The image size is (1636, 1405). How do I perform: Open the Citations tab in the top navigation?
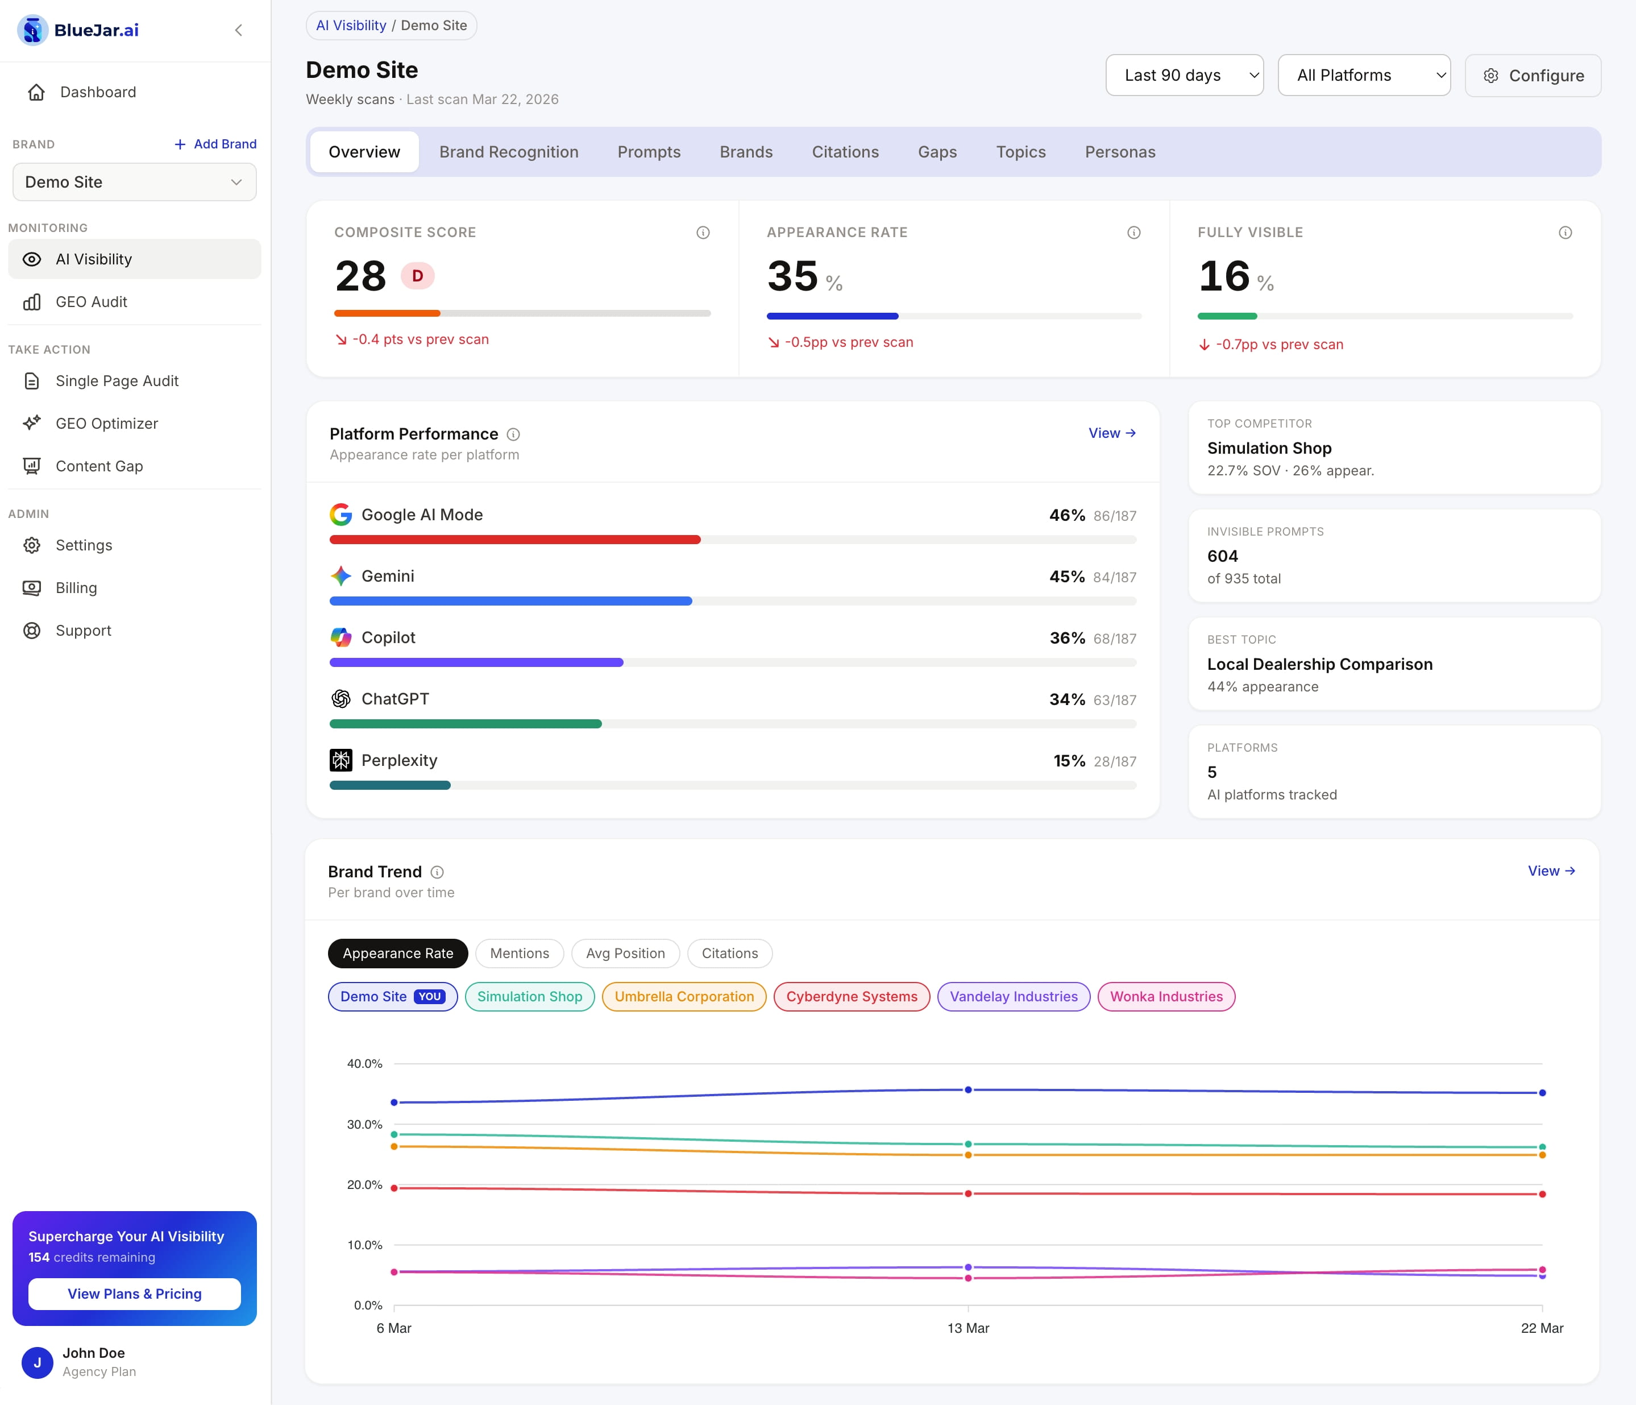(x=845, y=152)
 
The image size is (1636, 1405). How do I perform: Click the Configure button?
(x=1533, y=76)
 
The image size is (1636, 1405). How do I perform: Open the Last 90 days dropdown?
(x=1184, y=75)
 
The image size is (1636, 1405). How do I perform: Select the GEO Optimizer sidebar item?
(x=107, y=423)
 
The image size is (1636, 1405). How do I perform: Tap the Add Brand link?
(x=215, y=144)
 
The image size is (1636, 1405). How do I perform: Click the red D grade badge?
(x=418, y=276)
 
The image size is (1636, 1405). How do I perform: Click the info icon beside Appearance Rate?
(x=1133, y=232)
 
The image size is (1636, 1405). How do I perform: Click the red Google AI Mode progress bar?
(x=515, y=540)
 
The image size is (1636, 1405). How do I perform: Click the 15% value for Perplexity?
(x=1069, y=761)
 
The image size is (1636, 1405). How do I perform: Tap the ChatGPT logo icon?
(x=341, y=699)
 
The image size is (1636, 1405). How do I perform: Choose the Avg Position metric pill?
(x=625, y=954)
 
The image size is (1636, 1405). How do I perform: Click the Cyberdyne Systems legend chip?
(x=851, y=997)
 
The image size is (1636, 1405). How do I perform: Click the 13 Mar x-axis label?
(x=968, y=1328)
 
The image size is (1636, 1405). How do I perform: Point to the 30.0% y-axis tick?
(x=365, y=1124)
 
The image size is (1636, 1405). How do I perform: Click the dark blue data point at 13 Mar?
(x=968, y=1090)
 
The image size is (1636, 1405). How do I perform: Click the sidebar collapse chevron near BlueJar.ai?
(x=238, y=30)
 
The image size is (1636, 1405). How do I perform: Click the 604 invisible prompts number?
(x=1222, y=556)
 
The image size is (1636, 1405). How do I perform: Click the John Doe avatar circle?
(x=37, y=1362)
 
